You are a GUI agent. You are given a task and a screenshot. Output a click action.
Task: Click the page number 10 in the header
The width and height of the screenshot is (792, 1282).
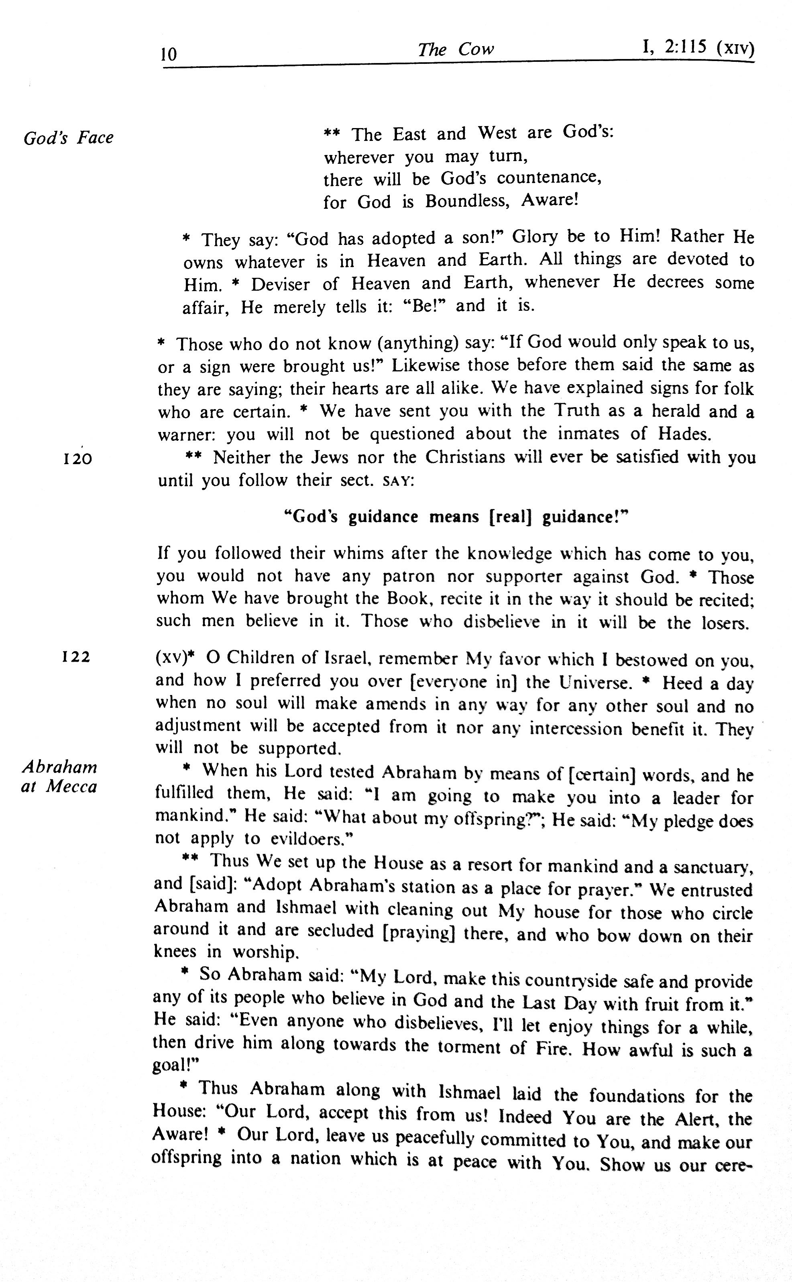[x=169, y=54]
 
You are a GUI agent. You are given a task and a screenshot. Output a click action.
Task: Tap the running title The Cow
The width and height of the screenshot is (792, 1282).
[x=455, y=49]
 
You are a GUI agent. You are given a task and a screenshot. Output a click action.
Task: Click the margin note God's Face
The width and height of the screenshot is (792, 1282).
[x=68, y=138]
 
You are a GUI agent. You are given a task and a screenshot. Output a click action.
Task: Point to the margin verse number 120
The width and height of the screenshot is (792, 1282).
[x=77, y=459]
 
